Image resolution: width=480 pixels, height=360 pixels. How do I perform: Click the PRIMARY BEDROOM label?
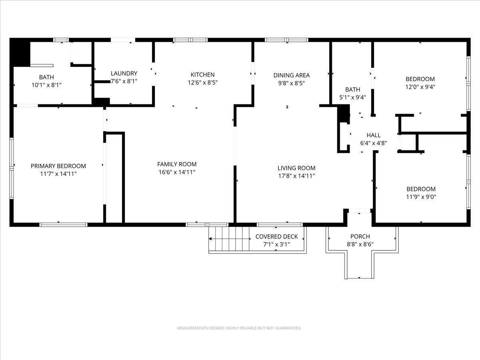(58, 166)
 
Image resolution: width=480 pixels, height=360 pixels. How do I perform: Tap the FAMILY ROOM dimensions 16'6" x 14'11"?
(177, 172)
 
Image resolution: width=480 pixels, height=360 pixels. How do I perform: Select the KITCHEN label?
(202, 75)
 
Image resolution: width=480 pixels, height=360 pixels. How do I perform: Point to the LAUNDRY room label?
(124, 74)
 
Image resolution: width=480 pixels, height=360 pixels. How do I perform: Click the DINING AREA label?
(291, 75)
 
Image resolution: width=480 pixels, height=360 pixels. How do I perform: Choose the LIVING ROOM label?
(296, 168)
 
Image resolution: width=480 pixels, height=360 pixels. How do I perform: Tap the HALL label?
(374, 135)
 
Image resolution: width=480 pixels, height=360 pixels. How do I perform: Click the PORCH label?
(360, 236)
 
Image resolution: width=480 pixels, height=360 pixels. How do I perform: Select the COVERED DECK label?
(276, 236)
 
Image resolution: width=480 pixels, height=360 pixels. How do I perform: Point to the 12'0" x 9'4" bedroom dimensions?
(420, 86)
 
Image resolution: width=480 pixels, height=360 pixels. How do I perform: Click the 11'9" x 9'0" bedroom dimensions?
(421, 196)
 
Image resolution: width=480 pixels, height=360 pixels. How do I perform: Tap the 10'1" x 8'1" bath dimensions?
(46, 85)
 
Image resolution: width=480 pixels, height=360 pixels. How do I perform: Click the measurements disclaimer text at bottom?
(239, 328)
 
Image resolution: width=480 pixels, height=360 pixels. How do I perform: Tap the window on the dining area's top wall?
(286, 40)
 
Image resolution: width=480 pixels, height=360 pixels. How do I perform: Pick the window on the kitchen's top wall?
(190, 40)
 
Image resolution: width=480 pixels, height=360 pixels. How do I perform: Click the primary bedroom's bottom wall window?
(63, 224)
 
